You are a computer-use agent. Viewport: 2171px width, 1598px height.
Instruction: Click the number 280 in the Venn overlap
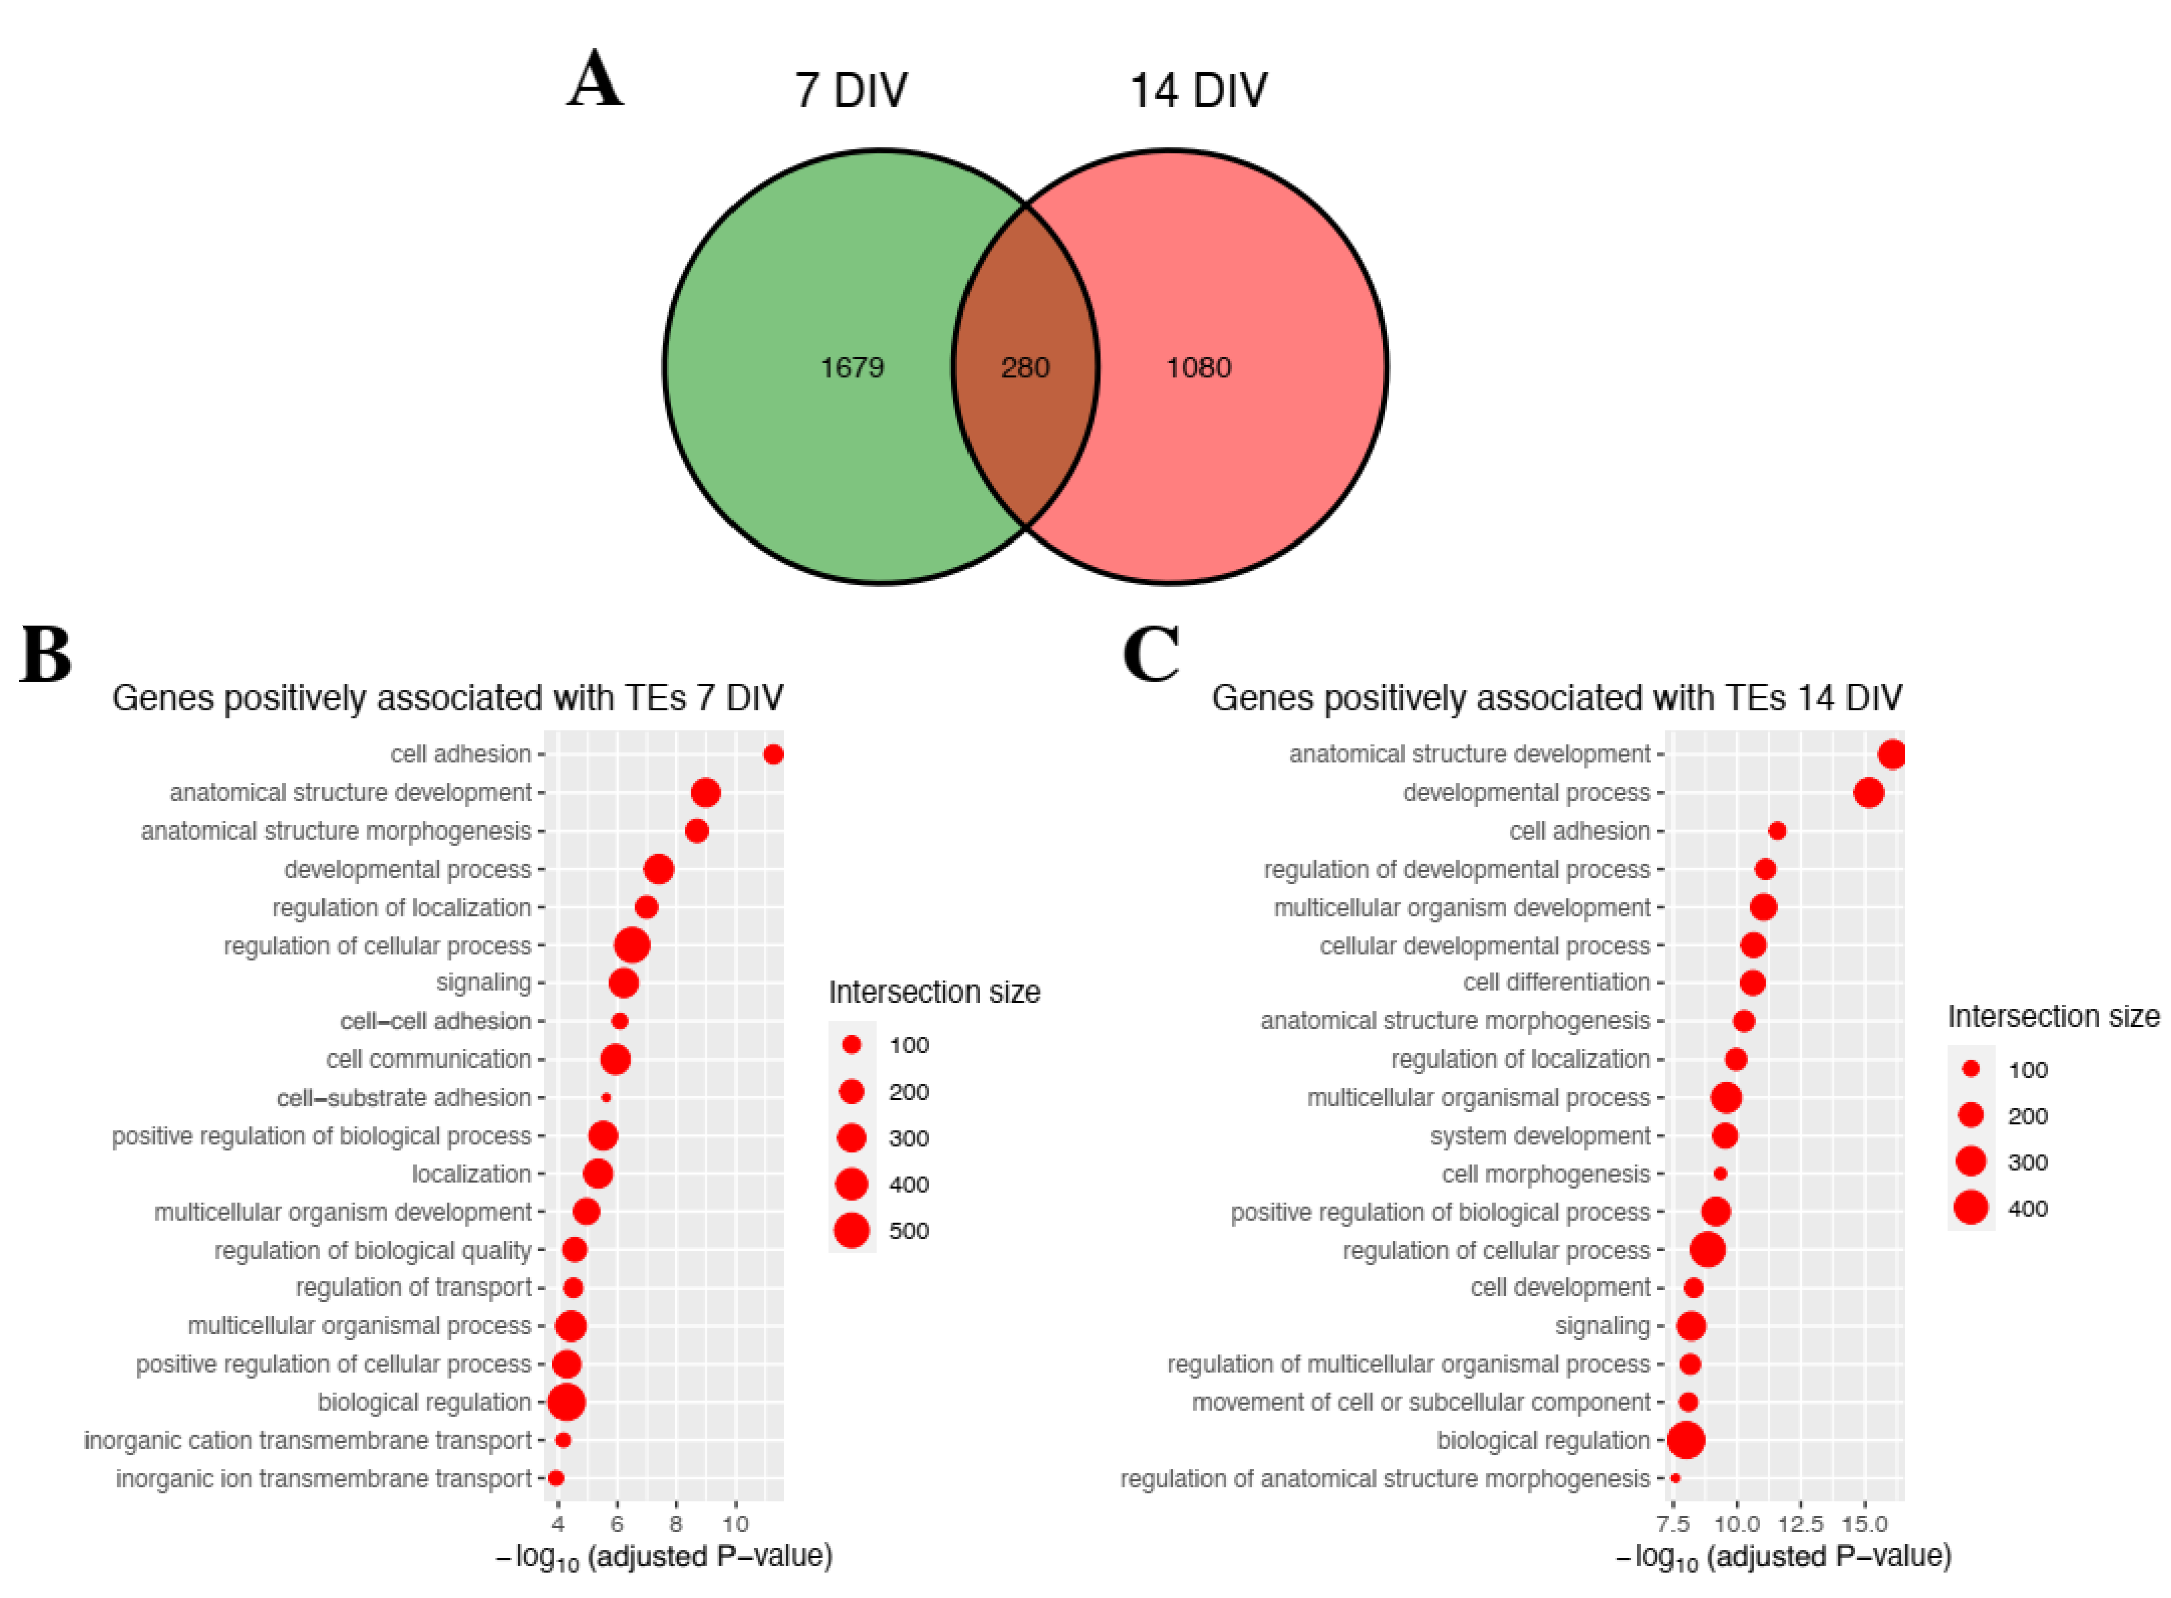tap(1024, 367)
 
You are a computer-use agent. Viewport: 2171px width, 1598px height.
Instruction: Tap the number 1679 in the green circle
tap(851, 367)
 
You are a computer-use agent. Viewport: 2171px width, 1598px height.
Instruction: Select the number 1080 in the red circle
tap(1197, 367)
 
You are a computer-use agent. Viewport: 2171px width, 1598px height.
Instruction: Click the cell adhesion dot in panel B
tap(772, 754)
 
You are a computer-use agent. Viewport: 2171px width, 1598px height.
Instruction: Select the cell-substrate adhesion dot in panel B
tap(605, 1098)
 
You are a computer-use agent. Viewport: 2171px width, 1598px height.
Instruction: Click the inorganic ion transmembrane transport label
tap(323, 1479)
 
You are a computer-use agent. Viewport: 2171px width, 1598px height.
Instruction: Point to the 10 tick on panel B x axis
tap(735, 1524)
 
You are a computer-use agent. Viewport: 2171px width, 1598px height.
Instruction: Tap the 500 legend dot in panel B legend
tap(851, 1231)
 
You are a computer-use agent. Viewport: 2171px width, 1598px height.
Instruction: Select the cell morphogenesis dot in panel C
tap(1719, 1174)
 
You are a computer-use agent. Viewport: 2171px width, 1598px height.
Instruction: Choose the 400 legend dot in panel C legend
tap(1970, 1208)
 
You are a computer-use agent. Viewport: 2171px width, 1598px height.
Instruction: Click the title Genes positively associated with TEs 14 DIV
tap(1556, 697)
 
